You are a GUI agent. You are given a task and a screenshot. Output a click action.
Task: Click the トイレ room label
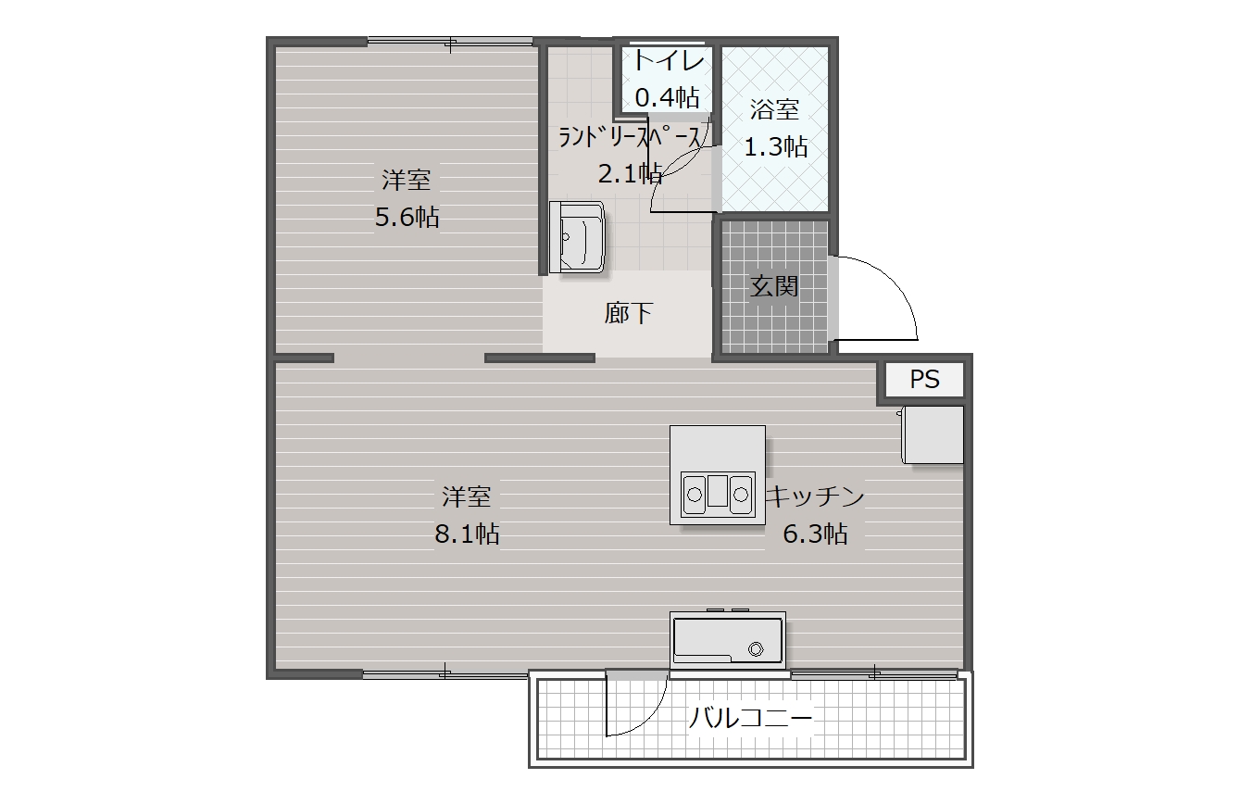(x=669, y=60)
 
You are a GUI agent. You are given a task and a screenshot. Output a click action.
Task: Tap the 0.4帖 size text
(x=667, y=97)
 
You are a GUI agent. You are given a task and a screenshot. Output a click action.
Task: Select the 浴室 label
(x=774, y=109)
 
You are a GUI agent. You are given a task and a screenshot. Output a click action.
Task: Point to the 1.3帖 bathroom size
(x=775, y=146)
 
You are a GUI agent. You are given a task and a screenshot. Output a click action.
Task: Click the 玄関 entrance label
(x=774, y=286)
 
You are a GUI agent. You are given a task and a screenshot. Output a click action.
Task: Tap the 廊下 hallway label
(x=628, y=313)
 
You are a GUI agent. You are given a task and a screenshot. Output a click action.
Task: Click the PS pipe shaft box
(x=924, y=379)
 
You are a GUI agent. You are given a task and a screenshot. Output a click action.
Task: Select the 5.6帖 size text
(x=407, y=217)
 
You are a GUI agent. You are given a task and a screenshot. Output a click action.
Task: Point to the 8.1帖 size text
(x=467, y=534)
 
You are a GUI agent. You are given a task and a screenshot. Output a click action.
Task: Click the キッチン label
(x=815, y=496)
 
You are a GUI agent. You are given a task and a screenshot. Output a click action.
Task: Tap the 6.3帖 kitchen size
(x=815, y=534)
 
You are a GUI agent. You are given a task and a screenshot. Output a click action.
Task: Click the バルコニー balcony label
(x=751, y=718)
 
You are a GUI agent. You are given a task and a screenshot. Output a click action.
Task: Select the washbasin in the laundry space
(x=577, y=237)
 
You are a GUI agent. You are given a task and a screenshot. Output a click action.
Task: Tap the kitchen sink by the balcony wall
(x=727, y=640)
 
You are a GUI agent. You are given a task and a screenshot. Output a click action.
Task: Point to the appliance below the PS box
(x=933, y=434)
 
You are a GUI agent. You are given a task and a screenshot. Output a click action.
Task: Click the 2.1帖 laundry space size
(x=630, y=174)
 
